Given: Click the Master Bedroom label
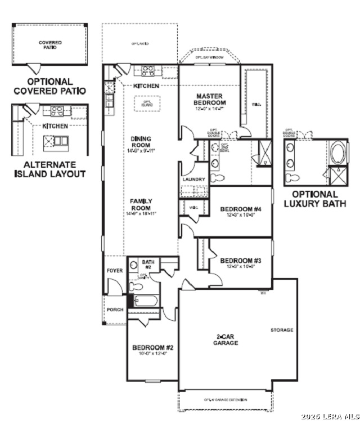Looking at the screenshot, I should tap(209, 100).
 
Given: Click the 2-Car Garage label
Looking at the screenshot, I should tap(228, 339).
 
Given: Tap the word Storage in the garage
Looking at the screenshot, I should tap(282, 330).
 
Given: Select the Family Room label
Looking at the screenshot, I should tap(141, 204).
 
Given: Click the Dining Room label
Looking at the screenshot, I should tap(141, 142).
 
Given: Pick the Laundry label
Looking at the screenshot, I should tap(193, 180).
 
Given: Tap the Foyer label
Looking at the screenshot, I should tap(115, 271).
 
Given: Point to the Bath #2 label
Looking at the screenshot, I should tap(147, 264).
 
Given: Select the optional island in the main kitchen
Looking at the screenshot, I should tap(147, 104).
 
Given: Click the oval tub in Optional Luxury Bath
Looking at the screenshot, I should tap(338, 153).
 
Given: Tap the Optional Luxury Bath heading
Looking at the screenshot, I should tap(315, 199).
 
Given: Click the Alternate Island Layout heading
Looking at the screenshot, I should tap(50, 169).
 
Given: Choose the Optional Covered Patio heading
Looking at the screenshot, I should tap(50, 86).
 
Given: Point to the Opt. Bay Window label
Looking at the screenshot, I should tap(209, 57).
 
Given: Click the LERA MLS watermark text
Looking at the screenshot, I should tap(330, 416).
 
